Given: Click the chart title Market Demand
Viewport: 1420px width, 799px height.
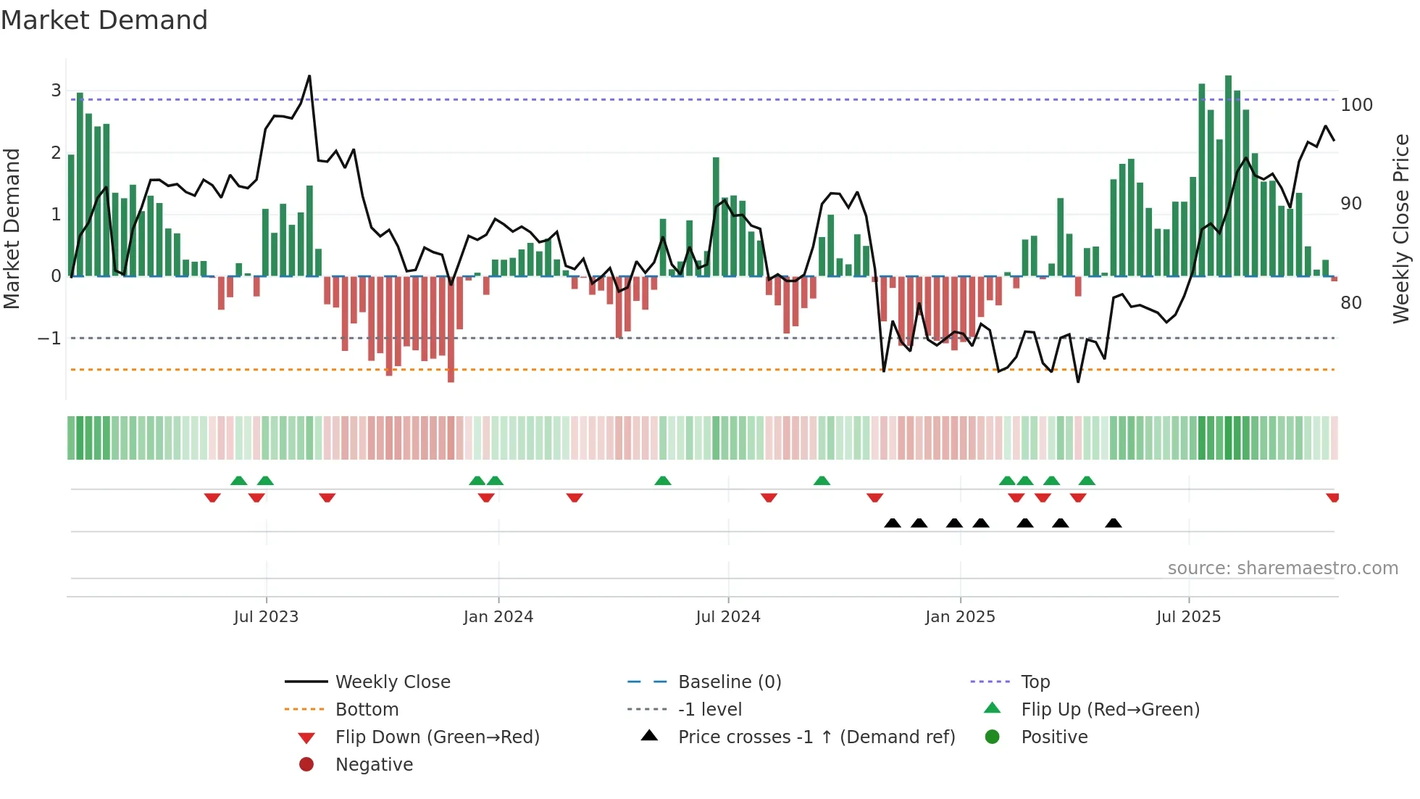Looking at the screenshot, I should pyautogui.click(x=104, y=20).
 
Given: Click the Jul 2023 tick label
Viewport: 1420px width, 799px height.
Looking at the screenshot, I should pyautogui.click(x=266, y=617).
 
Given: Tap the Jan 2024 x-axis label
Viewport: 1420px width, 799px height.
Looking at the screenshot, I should pyautogui.click(x=498, y=617).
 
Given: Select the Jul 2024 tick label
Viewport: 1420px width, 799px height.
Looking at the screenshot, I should pyautogui.click(x=728, y=617).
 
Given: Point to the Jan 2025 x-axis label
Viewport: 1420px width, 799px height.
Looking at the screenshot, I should pyautogui.click(x=960, y=617).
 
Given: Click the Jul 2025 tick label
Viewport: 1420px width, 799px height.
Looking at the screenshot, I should pyautogui.click(x=1188, y=617).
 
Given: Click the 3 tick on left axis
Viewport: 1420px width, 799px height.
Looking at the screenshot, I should pyautogui.click(x=56, y=91).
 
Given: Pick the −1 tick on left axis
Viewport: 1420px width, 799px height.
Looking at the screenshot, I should pyautogui.click(x=49, y=339).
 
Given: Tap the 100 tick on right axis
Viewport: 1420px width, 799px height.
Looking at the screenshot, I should pyautogui.click(x=1356, y=105).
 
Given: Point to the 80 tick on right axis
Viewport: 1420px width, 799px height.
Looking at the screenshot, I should pyautogui.click(x=1350, y=303).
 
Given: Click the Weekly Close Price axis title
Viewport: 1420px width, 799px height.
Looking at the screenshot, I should pyautogui.click(x=1401, y=228).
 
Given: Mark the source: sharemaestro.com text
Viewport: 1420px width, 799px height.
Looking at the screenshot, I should pyautogui.click(x=1282, y=568).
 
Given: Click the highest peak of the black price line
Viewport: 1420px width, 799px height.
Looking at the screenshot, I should pyautogui.click(x=309, y=76).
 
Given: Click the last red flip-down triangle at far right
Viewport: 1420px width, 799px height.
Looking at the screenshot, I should pyautogui.click(x=1332, y=497).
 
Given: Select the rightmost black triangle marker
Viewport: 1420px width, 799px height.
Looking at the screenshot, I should pyautogui.click(x=1114, y=523).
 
